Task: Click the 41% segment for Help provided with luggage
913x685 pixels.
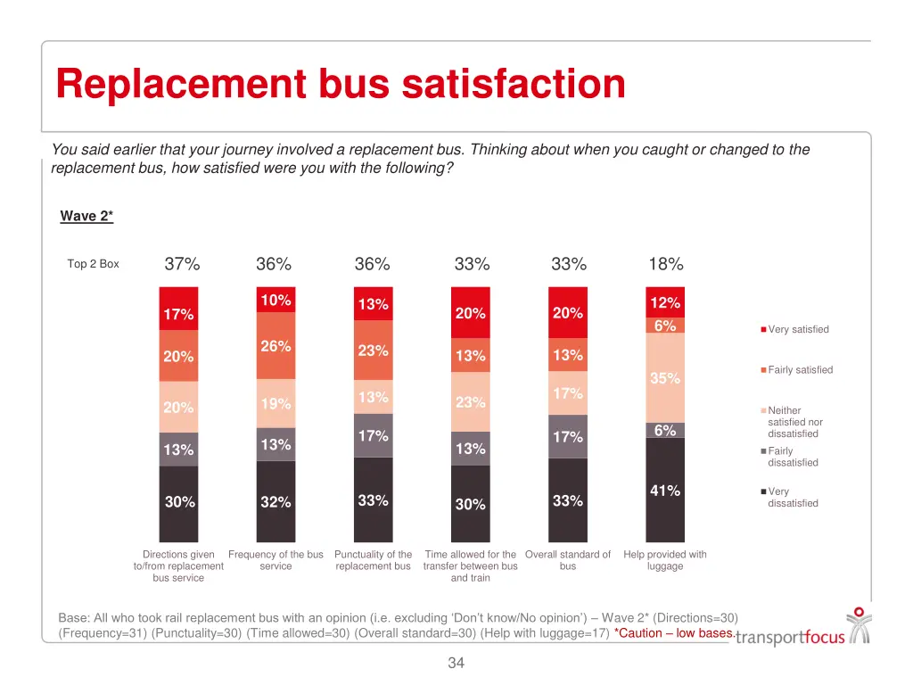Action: point(665,491)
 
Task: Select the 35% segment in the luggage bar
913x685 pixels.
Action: point(665,377)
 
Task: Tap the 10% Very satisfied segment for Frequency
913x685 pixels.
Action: point(276,301)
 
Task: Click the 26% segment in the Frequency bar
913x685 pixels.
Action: point(276,346)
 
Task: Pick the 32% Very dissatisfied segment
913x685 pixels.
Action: point(276,502)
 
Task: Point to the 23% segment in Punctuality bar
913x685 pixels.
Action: point(373,351)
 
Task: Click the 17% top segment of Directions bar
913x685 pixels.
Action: point(178,314)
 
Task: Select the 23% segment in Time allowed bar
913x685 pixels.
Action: point(470,402)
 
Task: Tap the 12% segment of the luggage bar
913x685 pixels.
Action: point(665,302)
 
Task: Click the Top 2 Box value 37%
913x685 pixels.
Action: point(182,264)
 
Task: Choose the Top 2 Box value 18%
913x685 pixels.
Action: point(666,264)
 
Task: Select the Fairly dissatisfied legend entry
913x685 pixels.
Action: point(792,457)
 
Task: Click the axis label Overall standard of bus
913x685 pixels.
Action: point(568,560)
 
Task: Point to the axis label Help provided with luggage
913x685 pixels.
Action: point(665,560)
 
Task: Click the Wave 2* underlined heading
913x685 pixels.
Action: point(86,216)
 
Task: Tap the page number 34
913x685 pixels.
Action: point(456,663)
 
